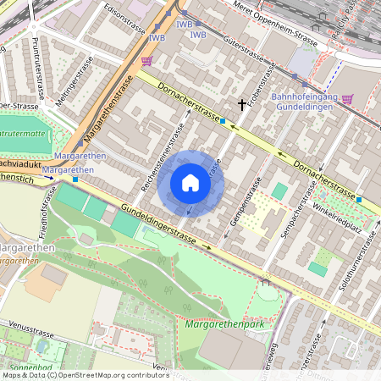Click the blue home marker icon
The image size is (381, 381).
pos(190,183)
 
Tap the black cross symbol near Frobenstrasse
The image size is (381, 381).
pos(243,104)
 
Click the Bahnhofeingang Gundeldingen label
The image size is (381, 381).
pos(304,103)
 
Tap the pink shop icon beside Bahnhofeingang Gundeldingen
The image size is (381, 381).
pos(346,98)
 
